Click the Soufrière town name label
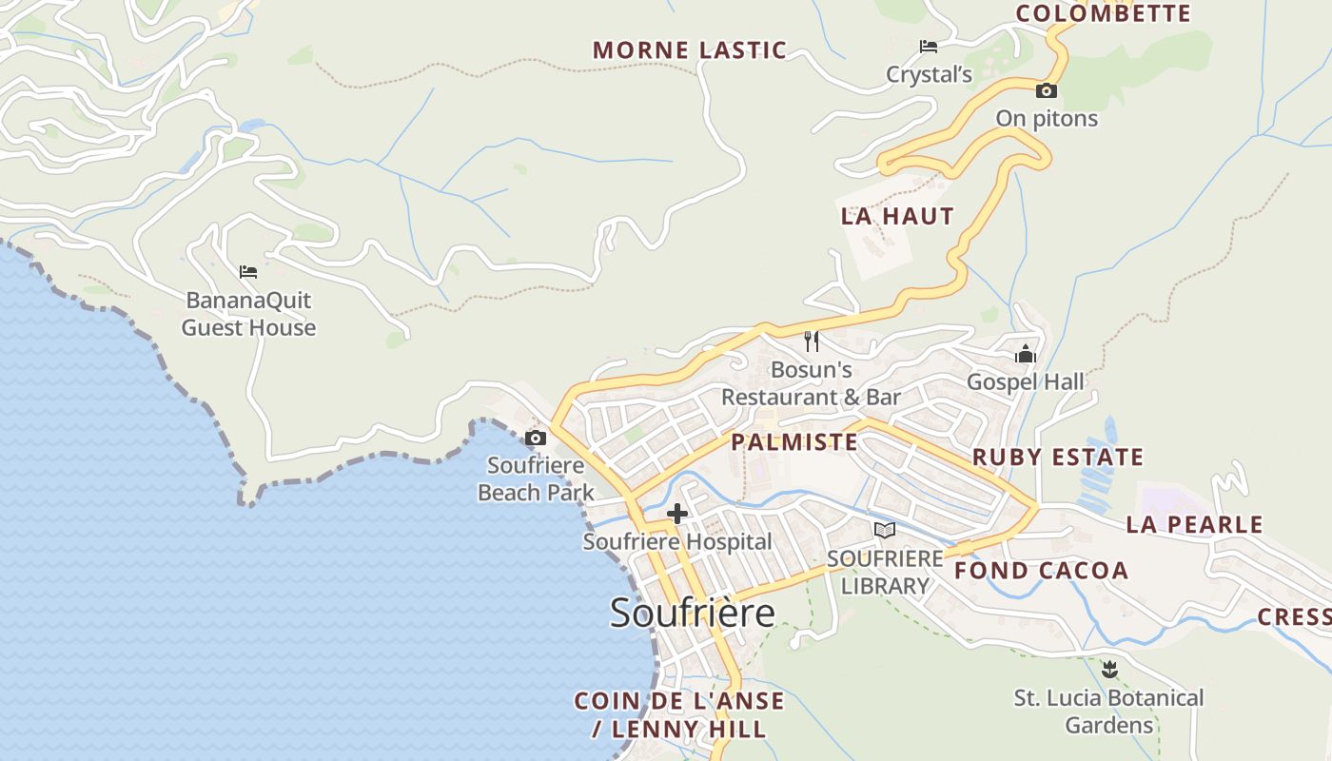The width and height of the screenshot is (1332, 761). coord(692,613)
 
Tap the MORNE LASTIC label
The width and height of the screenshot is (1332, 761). coord(690,50)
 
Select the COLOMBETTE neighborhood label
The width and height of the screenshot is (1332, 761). coord(1103,13)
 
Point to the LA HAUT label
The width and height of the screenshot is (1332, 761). coord(897,216)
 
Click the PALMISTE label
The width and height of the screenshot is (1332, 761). coord(794,442)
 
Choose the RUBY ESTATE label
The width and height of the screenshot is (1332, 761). coord(1057,458)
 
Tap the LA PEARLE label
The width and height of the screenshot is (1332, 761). coord(1194,524)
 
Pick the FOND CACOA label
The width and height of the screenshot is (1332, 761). coord(1041,571)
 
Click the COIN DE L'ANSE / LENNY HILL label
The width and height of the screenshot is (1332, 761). coord(678,715)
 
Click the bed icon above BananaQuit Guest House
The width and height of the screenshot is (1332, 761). coord(248,272)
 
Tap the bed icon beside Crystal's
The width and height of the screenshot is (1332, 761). coord(928,47)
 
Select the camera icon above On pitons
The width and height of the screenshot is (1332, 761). coord(1047,91)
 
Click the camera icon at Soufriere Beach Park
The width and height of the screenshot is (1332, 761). coord(536,439)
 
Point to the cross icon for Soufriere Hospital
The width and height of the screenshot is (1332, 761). coord(677,515)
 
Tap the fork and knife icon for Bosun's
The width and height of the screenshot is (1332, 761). coord(812,341)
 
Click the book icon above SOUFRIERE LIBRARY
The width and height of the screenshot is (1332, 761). coord(885,531)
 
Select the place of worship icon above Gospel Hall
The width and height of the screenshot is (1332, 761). coord(1026,354)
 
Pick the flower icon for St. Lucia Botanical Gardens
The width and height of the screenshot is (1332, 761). coord(1108,670)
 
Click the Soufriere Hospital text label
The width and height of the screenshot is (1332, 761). coord(677,542)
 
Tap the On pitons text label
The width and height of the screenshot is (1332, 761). coord(1047,119)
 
